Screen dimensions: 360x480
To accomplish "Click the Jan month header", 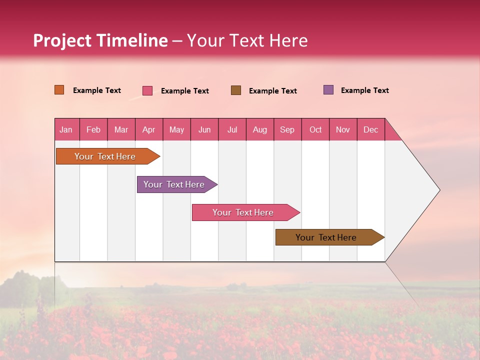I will (66, 129).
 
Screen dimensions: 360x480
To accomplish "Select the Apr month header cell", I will (149, 129).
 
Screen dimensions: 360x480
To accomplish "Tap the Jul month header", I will (232, 129).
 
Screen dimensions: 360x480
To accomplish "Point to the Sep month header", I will (287, 129).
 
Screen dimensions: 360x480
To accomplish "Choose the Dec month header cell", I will (370, 129).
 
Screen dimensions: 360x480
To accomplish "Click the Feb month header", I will (93, 129).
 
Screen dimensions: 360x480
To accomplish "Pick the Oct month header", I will (315, 129).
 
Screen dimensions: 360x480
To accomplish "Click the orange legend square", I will (59, 90).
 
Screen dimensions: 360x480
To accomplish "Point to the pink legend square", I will (147, 90).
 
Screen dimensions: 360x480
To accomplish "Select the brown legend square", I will (236, 90).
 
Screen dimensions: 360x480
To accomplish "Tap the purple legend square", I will (328, 90).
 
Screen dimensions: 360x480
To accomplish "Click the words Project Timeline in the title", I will (100, 40).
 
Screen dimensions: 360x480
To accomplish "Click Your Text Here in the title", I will (247, 40).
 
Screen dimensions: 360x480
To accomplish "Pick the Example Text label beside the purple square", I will (364, 90).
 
